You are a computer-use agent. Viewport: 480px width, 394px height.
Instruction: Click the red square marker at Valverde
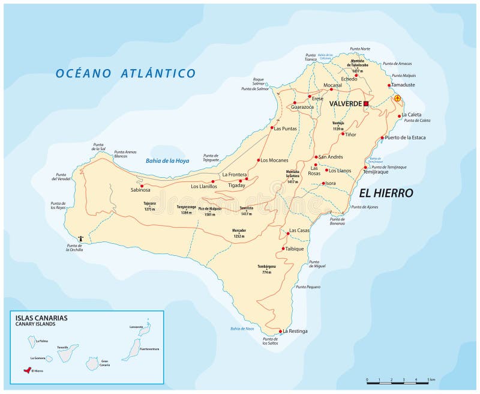click(366, 103)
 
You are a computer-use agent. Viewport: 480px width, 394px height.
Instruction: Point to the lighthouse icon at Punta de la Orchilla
click(90, 238)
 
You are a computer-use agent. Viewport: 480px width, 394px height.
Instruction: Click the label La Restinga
click(295, 331)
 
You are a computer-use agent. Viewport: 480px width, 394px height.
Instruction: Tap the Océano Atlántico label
click(125, 73)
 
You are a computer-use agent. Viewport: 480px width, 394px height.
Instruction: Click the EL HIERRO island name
click(386, 193)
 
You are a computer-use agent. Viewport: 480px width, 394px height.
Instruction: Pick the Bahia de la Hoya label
click(167, 160)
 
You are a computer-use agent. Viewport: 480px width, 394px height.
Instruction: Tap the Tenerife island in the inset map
click(64, 356)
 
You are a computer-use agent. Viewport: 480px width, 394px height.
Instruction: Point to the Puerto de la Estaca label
click(422, 138)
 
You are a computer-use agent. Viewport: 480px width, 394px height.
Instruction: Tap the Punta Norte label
click(360, 49)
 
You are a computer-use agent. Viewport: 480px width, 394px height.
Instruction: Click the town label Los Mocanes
click(274, 160)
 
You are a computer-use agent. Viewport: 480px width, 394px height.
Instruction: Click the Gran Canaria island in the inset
click(92, 363)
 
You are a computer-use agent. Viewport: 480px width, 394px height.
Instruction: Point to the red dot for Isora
click(323, 183)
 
